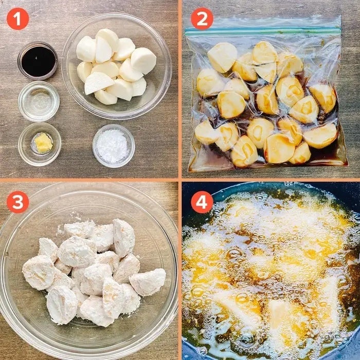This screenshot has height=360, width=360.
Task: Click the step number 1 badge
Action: click(17, 19)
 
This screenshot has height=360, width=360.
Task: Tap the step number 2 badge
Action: click(202, 19)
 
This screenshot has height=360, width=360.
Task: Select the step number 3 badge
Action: click(17, 202)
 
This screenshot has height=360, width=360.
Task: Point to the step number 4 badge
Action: click(202, 202)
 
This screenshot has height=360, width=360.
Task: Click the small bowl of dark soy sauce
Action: click(38, 61)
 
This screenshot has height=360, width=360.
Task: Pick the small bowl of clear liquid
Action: click(39, 101)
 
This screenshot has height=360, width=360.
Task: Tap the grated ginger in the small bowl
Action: click(43, 143)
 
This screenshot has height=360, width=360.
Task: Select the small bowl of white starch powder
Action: click(114, 146)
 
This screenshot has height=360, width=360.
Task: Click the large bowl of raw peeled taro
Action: click(117, 66)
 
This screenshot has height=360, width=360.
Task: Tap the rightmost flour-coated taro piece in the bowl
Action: click(148, 282)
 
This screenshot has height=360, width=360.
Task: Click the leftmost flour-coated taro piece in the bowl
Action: click(39, 273)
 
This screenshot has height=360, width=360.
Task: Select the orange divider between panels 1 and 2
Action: click(180, 89)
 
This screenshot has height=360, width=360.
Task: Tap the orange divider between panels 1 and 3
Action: click(89, 180)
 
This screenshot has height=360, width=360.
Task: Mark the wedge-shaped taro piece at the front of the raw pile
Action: click(99, 83)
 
